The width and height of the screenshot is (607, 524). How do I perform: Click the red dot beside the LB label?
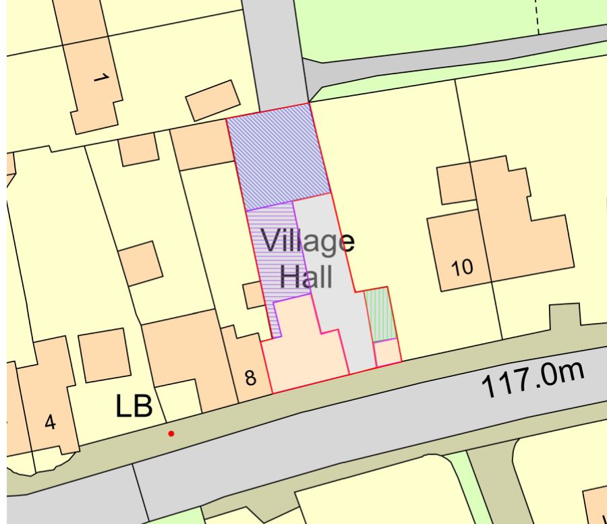point(171,434)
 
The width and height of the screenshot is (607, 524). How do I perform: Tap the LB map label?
point(135,407)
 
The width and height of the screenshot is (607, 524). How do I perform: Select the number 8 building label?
point(250,378)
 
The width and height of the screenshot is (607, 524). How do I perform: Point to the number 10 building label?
point(463,268)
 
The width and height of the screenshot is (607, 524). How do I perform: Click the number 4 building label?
point(50,423)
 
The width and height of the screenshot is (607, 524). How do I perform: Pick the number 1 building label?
point(99,80)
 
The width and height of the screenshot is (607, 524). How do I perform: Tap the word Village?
point(308,241)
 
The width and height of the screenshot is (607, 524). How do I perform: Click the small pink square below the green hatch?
point(386,353)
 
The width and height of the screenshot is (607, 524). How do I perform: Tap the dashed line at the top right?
point(538,15)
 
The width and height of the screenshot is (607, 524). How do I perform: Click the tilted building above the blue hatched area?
point(212,100)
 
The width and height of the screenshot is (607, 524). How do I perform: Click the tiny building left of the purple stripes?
point(254,295)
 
